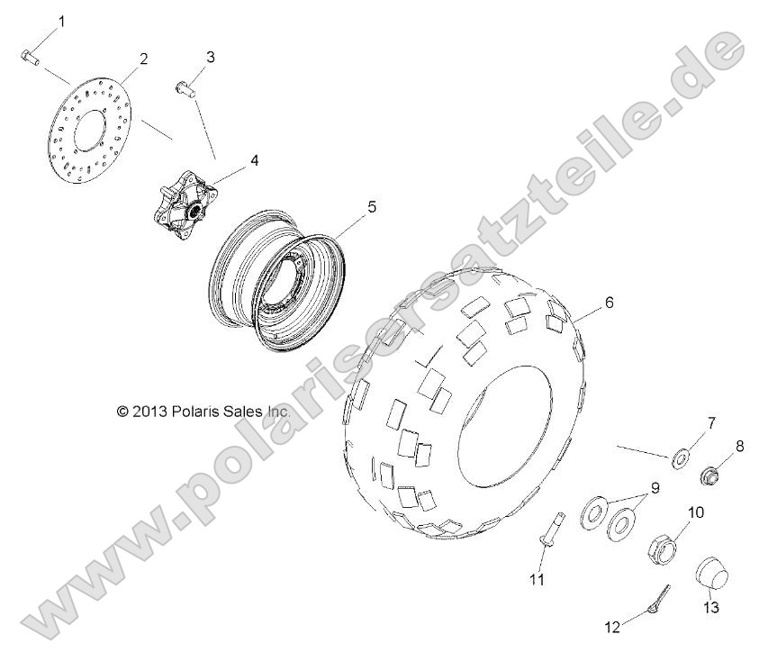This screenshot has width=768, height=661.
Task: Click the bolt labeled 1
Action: pos(28,57)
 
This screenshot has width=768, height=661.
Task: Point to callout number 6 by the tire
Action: pos(609,303)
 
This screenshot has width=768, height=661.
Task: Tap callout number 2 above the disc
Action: pos(142,59)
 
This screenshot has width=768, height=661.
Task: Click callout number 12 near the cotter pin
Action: pos(613,627)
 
